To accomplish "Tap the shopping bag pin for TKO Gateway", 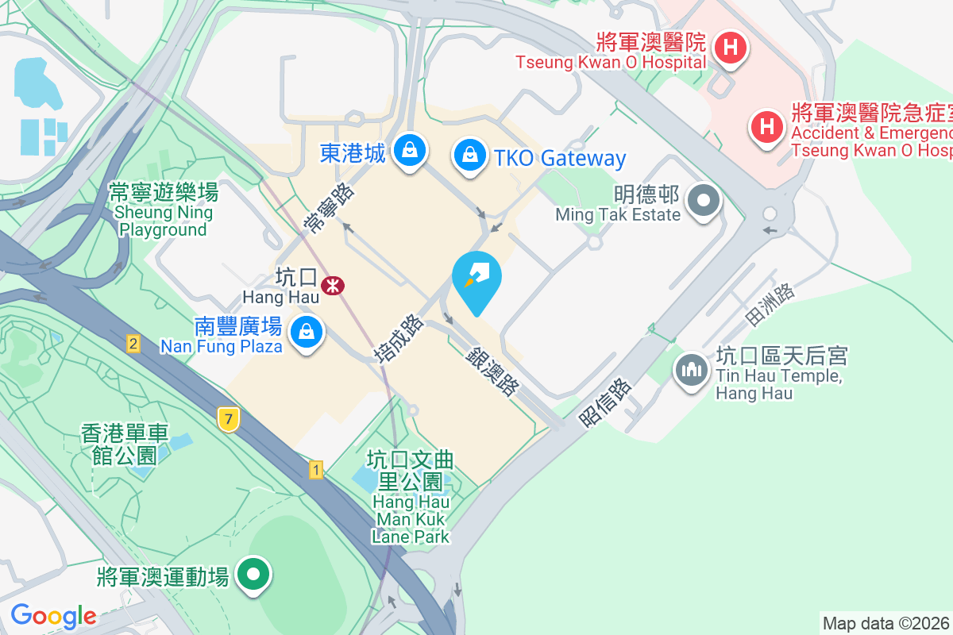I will [x=470, y=155].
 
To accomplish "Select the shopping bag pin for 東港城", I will [x=410, y=151].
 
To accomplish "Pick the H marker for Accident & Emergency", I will [x=766, y=126].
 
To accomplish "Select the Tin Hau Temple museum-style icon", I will [x=692, y=370].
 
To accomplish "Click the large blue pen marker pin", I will [x=476, y=280].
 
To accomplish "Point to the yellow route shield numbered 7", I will [x=228, y=419].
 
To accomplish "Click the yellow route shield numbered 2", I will [x=133, y=344].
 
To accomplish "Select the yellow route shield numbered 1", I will [x=316, y=470].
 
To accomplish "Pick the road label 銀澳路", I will [x=492, y=371].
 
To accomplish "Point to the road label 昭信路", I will [x=606, y=402].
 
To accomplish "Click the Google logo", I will [x=53, y=616].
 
